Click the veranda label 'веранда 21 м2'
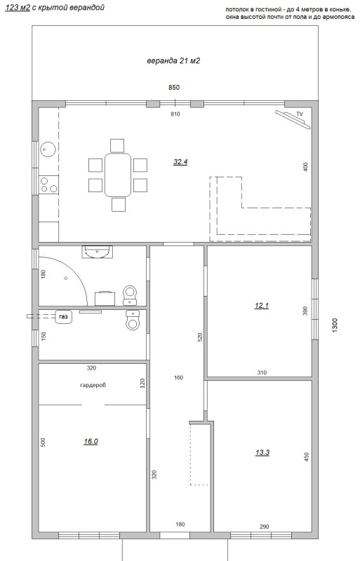[x=173, y=61]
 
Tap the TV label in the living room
[x=300, y=114]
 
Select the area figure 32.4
[x=180, y=162]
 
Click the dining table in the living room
[x=118, y=175]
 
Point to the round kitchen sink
[x=48, y=149]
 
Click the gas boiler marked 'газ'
[x=64, y=317]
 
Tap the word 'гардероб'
[x=93, y=385]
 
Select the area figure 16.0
[x=91, y=442]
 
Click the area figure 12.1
[x=262, y=306]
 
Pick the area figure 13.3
[x=262, y=452]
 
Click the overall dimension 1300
[x=335, y=325]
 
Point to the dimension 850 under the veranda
[x=174, y=87]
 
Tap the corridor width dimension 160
[x=178, y=377]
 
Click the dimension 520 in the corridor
[x=200, y=337]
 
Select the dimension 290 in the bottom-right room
[x=265, y=527]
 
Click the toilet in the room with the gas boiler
[x=133, y=320]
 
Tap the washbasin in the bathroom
[x=97, y=252]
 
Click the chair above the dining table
[x=117, y=146]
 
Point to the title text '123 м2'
[x=18, y=8]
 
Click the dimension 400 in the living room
[x=305, y=167]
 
